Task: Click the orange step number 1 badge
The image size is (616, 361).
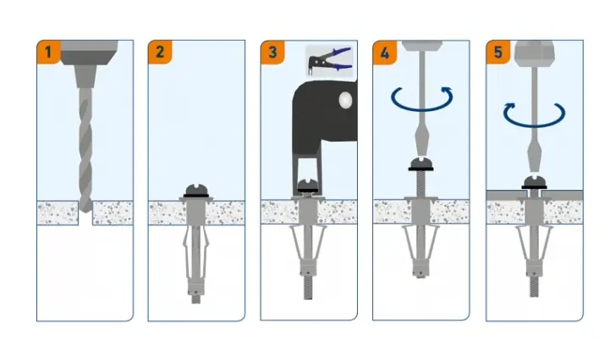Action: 48,52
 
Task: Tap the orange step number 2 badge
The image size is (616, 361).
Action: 160,52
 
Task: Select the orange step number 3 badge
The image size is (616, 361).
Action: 272,52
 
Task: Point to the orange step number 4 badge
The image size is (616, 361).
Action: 385,52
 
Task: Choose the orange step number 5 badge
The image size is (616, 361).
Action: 498,52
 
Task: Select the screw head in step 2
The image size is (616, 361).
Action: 196,191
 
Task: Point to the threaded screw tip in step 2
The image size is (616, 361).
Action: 196,299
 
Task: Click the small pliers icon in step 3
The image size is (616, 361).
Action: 330,61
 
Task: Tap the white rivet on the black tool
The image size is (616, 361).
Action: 346,100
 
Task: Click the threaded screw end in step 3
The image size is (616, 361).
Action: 308,288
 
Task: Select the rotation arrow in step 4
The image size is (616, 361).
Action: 421,98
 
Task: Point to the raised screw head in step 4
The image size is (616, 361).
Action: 421,164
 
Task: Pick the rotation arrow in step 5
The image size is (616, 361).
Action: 534,115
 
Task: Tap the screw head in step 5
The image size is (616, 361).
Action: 534,182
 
